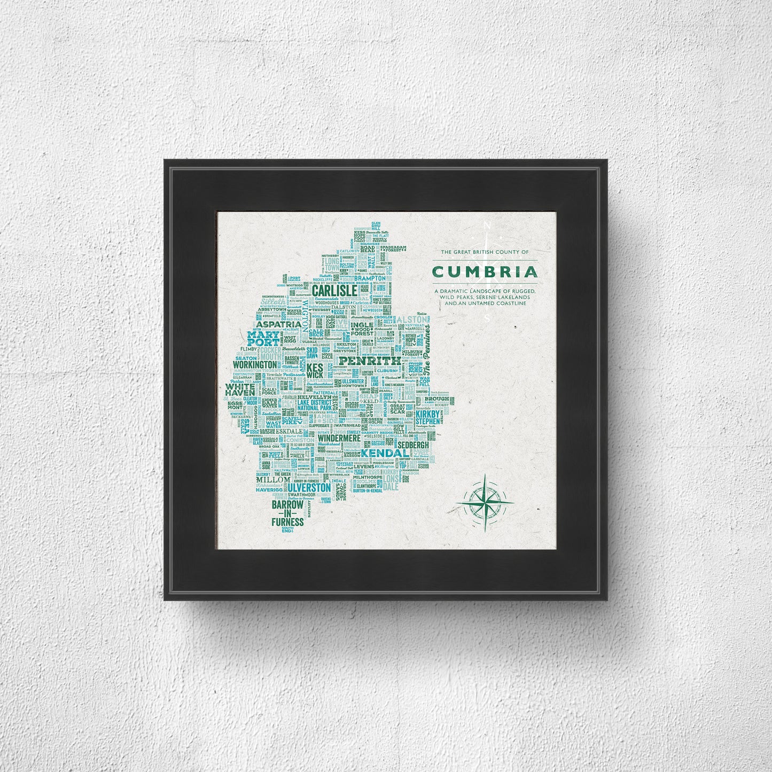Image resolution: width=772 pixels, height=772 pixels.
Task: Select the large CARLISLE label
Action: [x=334, y=290]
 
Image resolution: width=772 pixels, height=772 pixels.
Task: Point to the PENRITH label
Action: [x=369, y=361]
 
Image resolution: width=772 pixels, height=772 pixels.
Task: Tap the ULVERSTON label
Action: [x=309, y=488]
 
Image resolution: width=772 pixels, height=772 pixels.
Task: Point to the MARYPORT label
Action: [x=263, y=338]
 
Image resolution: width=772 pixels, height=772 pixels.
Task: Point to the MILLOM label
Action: [x=277, y=480]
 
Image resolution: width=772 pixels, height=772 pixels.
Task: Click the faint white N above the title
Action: [x=486, y=226]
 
